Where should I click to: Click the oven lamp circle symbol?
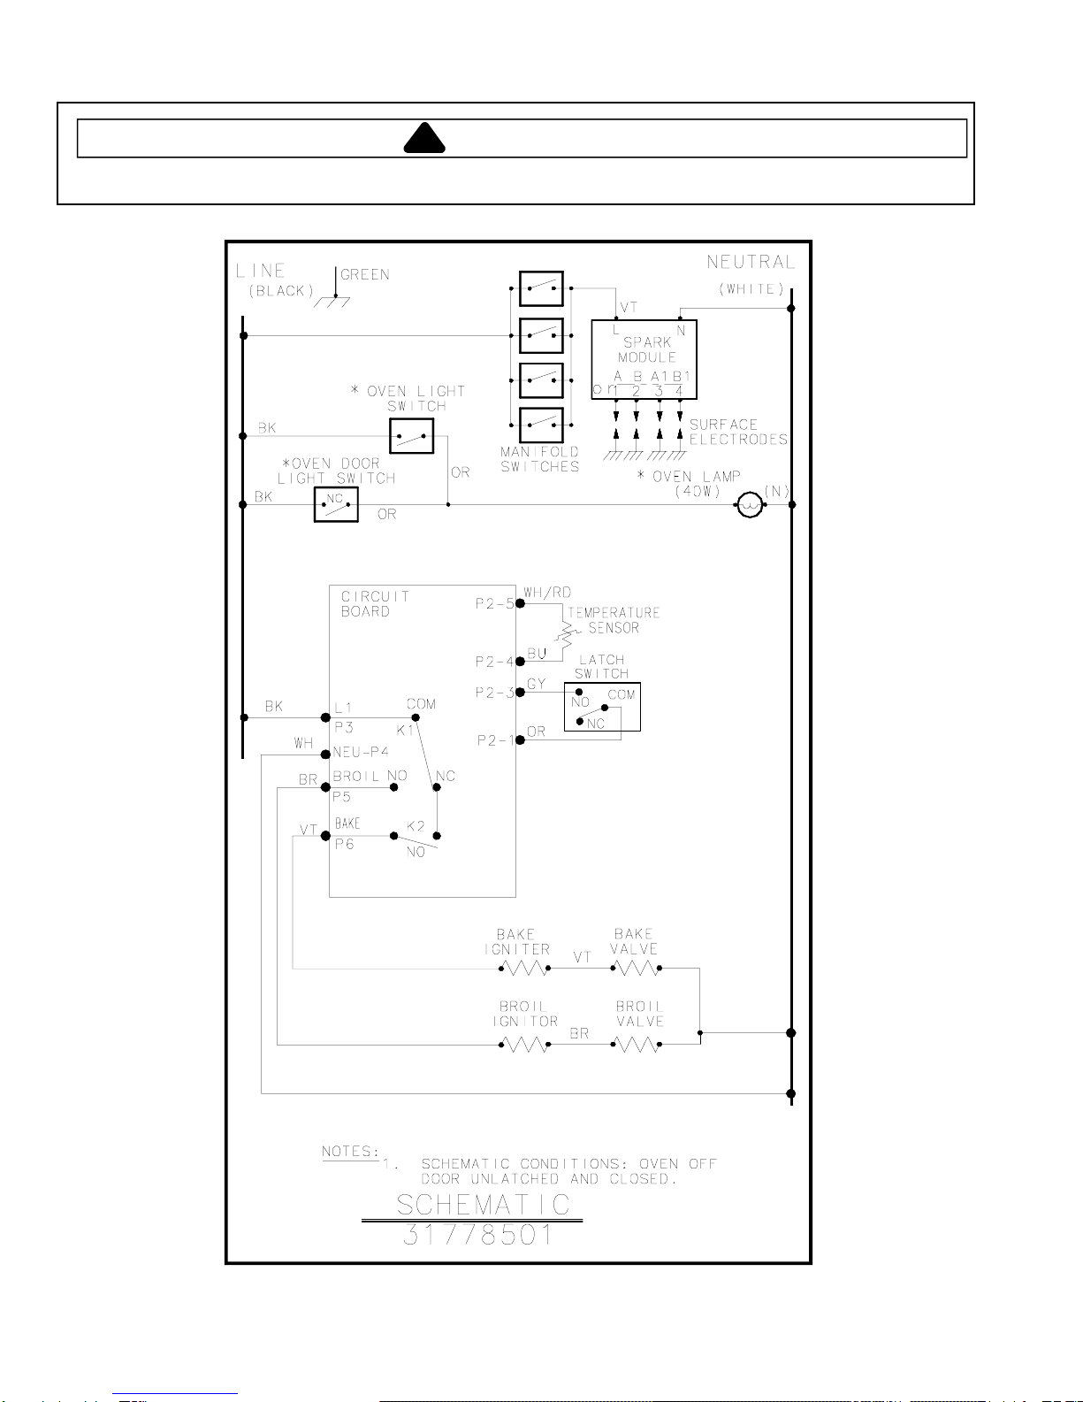(750, 505)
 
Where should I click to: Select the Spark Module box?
(644, 359)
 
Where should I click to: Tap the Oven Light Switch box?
(412, 436)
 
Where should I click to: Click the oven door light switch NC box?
(336, 504)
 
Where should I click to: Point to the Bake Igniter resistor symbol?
(524, 969)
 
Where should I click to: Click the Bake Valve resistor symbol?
(636, 969)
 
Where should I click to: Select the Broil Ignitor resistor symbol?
(524, 1045)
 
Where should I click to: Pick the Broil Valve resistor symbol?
(636, 1045)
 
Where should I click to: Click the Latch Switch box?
(602, 707)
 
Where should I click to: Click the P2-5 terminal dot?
(521, 603)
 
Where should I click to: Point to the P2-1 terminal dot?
(521, 739)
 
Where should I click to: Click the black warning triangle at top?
(424, 139)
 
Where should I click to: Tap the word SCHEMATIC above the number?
(483, 1205)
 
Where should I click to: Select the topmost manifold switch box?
(541, 288)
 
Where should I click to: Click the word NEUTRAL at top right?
(751, 263)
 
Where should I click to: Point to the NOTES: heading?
(350, 1152)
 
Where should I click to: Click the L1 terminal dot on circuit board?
(325, 717)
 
